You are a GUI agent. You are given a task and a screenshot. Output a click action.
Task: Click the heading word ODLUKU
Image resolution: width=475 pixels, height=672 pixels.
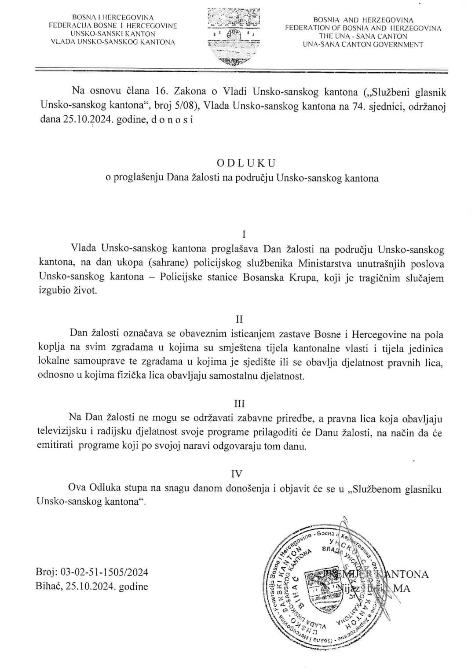click(x=246, y=163)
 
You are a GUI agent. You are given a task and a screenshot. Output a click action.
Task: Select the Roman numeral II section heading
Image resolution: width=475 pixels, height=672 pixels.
click(x=239, y=319)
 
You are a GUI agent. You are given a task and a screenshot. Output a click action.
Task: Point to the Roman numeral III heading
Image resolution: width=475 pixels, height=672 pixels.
click(x=239, y=404)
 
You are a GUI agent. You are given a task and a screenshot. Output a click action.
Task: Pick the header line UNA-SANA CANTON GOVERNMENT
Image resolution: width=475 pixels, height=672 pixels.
click(x=363, y=44)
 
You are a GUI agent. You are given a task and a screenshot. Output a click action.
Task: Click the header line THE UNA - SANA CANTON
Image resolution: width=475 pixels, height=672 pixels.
click(x=363, y=36)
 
